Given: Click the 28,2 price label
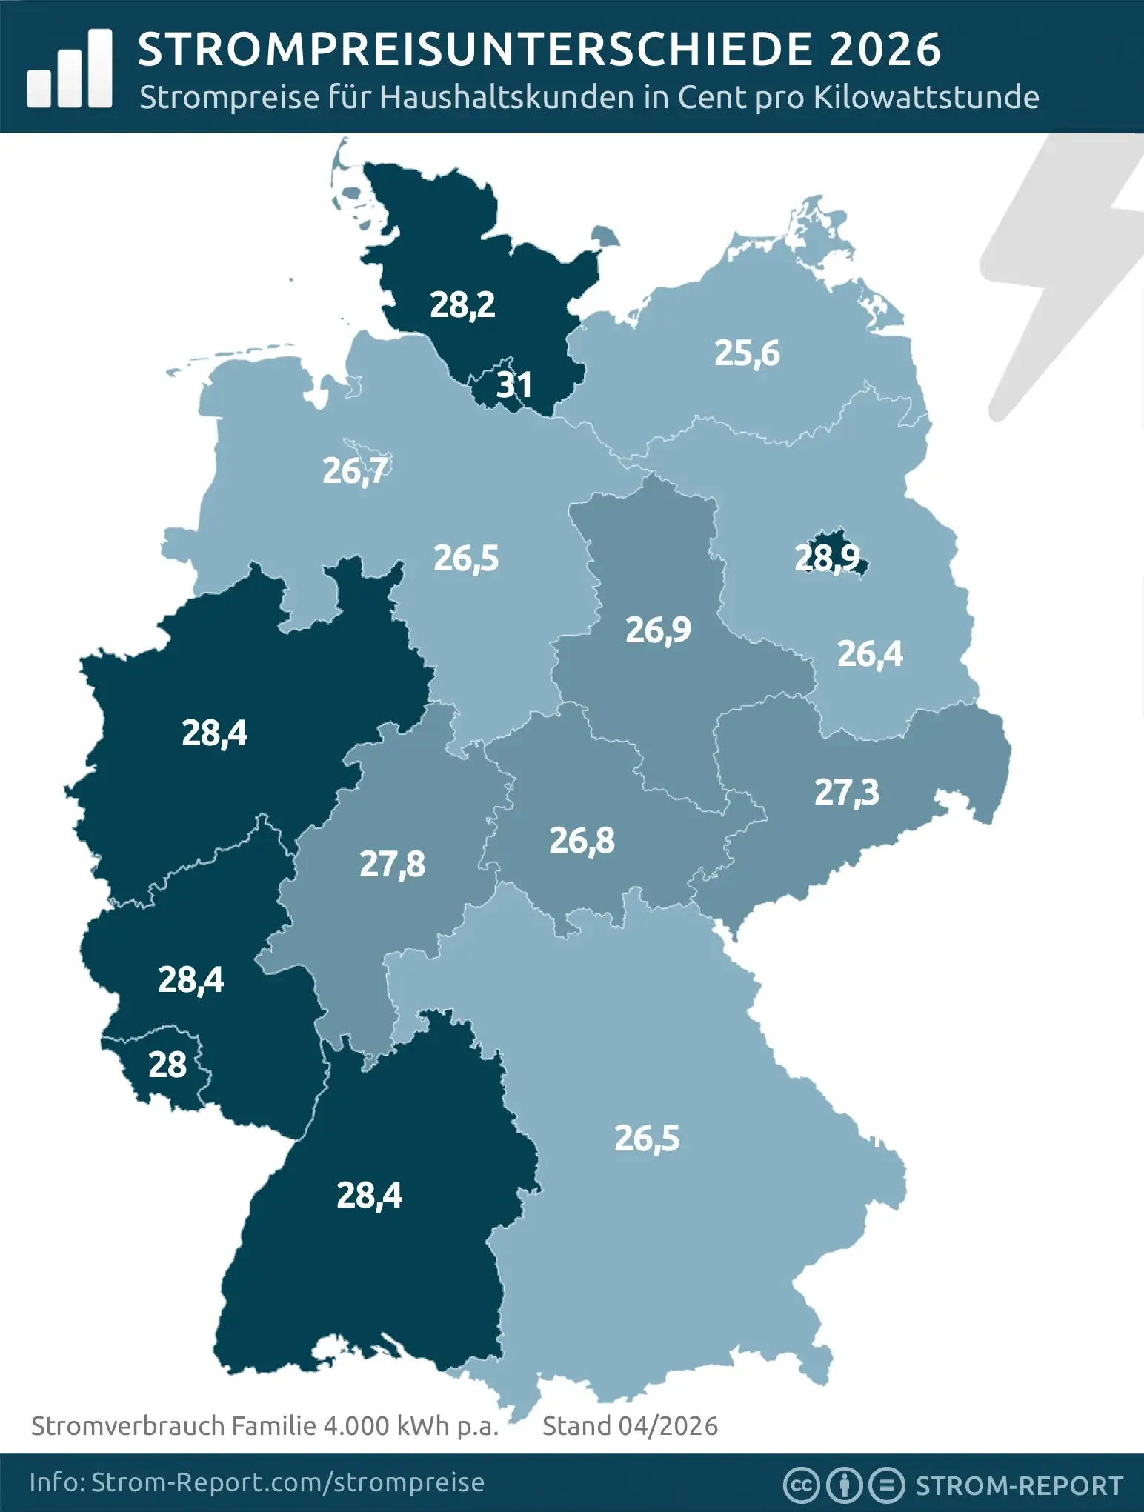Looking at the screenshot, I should [x=462, y=304].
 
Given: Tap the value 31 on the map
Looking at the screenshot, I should [x=514, y=385].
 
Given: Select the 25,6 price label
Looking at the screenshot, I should [x=747, y=353].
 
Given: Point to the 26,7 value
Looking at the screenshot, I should [x=355, y=470].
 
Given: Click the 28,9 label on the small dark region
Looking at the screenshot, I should [x=827, y=558].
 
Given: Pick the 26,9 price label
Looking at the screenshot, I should [x=658, y=630].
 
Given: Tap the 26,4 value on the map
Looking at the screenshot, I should [x=870, y=654].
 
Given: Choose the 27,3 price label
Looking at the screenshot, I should [x=846, y=792].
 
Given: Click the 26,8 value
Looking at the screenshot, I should [x=582, y=840].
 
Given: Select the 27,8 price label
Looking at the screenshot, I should [x=392, y=864].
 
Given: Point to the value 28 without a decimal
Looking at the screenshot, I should [x=167, y=1065].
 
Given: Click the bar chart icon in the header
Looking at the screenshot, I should [x=70, y=69].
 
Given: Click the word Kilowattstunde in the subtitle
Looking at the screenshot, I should [x=926, y=98].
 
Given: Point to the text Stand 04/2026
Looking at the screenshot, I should [x=630, y=1426].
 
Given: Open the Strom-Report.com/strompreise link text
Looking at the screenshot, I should [x=287, y=1482].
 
